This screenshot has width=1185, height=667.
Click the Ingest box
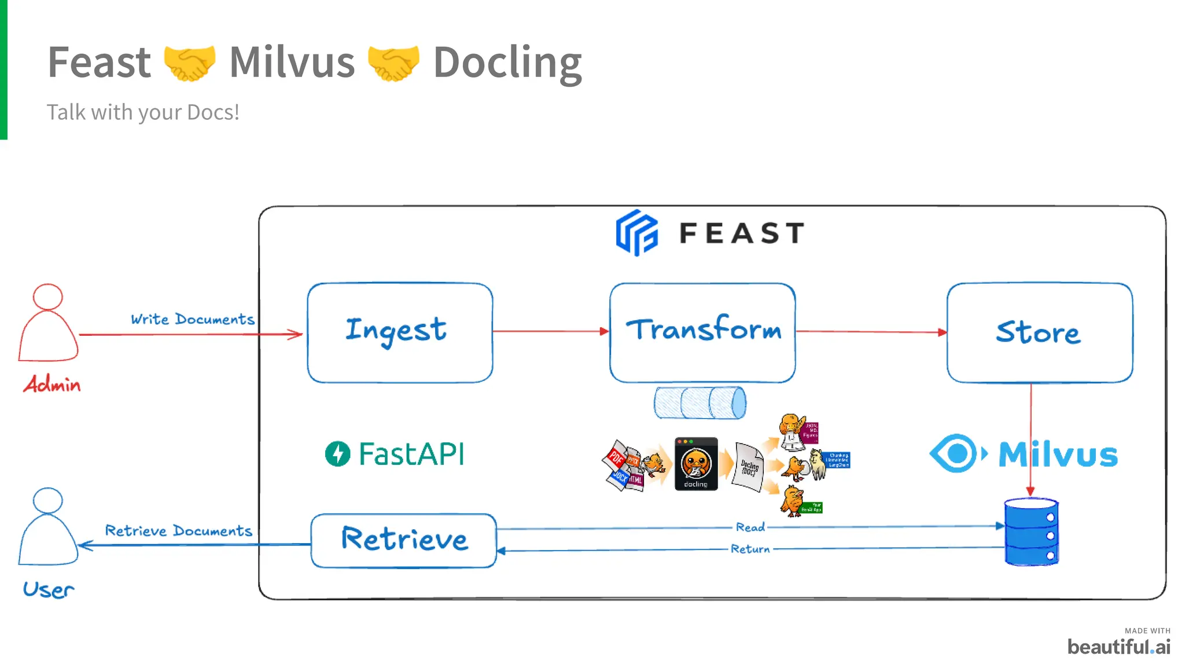[x=400, y=332]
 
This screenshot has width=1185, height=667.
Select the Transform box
[x=702, y=332]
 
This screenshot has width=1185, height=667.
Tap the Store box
[x=1039, y=332]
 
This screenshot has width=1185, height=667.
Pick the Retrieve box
[x=403, y=540]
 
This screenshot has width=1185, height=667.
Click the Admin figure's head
[x=48, y=296]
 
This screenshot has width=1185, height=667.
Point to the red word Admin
[x=52, y=384]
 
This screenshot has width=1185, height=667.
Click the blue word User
[x=49, y=589]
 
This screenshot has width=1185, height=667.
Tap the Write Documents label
[x=192, y=319]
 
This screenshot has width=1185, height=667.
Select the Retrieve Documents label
[x=178, y=530]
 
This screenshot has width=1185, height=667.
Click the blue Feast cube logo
[x=636, y=233]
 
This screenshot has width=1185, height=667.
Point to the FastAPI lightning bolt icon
[x=337, y=453]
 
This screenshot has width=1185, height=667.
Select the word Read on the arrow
[x=750, y=527]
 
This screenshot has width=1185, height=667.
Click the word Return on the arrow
[x=750, y=549]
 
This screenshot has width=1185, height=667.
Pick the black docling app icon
[x=696, y=464]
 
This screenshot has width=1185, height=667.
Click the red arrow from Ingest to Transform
[x=550, y=331]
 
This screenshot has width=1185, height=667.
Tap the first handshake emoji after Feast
[x=190, y=63]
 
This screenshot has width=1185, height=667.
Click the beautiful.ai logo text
[x=1118, y=646]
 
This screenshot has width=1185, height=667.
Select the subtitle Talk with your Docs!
[x=143, y=112]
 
